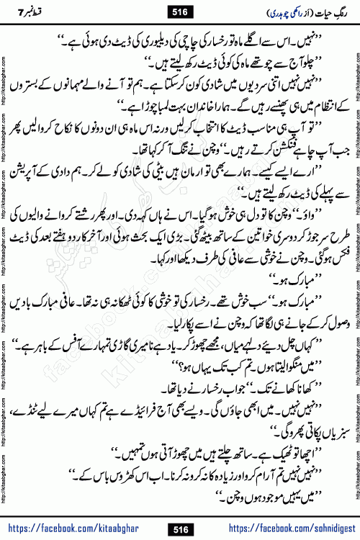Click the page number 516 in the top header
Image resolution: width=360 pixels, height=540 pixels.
(180, 10)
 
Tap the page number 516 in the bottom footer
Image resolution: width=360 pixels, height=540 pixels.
(180, 530)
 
